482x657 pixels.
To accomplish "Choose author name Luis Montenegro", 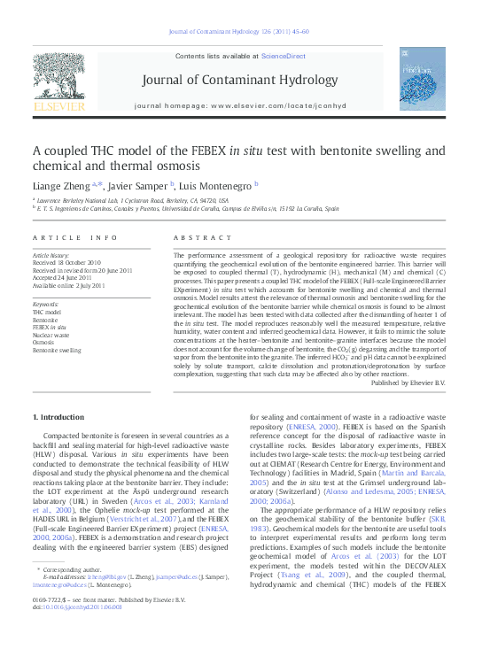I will pos(217,185).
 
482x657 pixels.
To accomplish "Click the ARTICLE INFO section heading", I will pos(74,238).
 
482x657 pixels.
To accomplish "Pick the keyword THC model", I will pos(47,313).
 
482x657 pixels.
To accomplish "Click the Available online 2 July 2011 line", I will pos(68,285).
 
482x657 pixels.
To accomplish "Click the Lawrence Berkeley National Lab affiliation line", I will pos(133,201).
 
